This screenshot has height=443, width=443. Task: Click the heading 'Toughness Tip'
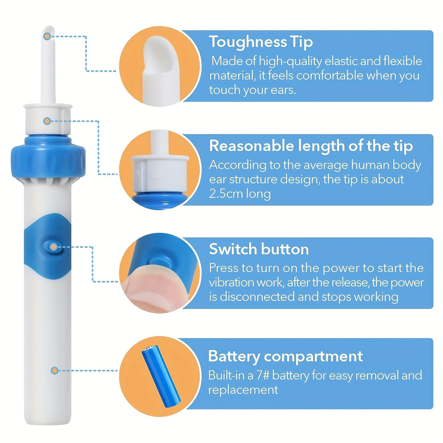[261, 42]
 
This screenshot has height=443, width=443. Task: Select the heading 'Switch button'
[259, 249]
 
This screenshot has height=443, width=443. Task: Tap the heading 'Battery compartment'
[285, 356]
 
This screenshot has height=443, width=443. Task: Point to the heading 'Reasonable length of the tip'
[311, 146]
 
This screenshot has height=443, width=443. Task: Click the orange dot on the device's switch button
[54, 247]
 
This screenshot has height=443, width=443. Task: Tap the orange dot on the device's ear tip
[47, 36]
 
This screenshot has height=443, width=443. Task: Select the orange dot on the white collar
[47, 121]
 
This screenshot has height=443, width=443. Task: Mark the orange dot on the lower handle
[55, 370]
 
